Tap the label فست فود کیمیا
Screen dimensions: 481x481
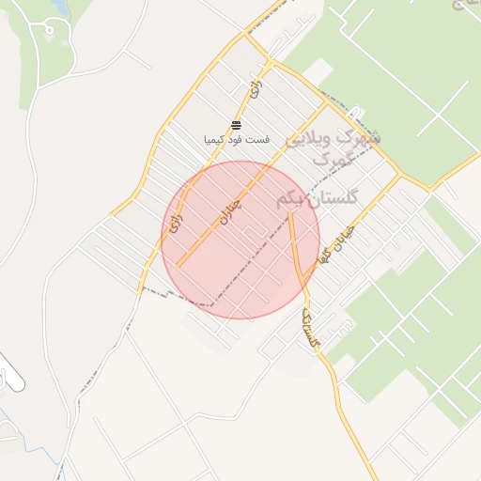click(237, 139)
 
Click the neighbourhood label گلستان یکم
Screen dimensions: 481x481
click(317, 199)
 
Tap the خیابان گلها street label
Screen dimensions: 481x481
click(334, 242)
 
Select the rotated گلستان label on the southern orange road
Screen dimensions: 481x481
click(310, 329)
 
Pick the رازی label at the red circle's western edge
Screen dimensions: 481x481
click(175, 222)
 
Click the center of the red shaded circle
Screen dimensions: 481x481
click(240, 240)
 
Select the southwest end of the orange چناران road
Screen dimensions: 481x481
click(178, 266)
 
